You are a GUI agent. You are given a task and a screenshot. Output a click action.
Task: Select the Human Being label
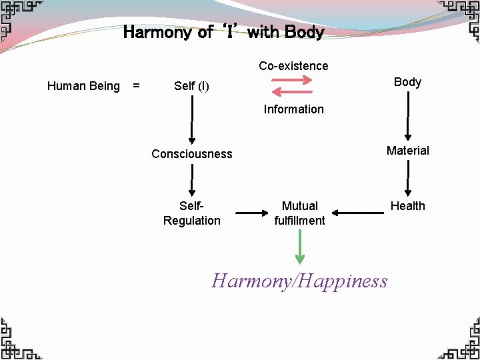(x=83, y=86)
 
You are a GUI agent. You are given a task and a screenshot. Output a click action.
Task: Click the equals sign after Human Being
(x=136, y=86)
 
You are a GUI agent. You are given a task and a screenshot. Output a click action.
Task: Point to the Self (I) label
(x=191, y=86)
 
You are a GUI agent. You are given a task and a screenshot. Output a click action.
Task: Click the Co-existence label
(x=293, y=66)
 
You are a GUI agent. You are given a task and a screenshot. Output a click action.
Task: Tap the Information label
(x=293, y=109)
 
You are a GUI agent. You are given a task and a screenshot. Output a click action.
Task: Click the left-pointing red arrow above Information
(x=293, y=93)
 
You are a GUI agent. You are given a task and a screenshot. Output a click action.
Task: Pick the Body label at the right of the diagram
(x=407, y=82)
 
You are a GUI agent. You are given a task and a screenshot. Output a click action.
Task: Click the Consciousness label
(x=192, y=154)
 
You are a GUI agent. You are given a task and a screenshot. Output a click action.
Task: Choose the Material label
(x=407, y=151)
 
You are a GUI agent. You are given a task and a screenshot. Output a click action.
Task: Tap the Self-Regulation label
(x=191, y=213)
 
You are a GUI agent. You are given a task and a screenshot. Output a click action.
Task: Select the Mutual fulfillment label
(x=299, y=213)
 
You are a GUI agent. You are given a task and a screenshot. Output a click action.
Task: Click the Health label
(x=407, y=206)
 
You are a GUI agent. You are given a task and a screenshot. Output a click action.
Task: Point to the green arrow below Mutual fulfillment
(x=300, y=247)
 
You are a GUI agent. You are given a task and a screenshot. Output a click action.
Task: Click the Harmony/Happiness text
(x=299, y=281)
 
